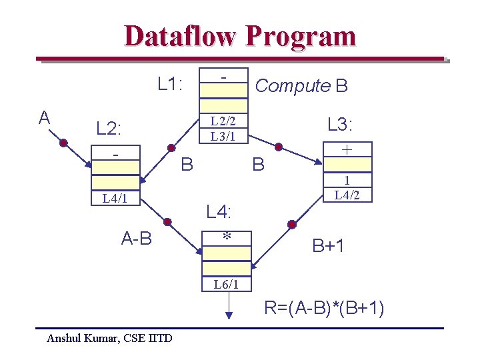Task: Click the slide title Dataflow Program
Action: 240,36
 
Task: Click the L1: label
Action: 171,84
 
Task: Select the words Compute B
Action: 301,86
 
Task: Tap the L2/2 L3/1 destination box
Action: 223,128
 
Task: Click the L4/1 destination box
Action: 116,199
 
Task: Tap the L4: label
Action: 219,213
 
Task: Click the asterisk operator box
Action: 227,237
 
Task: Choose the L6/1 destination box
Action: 227,284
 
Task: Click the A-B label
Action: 137,238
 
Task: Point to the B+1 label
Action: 328,246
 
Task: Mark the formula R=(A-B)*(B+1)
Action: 324,309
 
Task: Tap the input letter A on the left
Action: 44,119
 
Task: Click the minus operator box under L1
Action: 223,77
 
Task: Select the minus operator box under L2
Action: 116,155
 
